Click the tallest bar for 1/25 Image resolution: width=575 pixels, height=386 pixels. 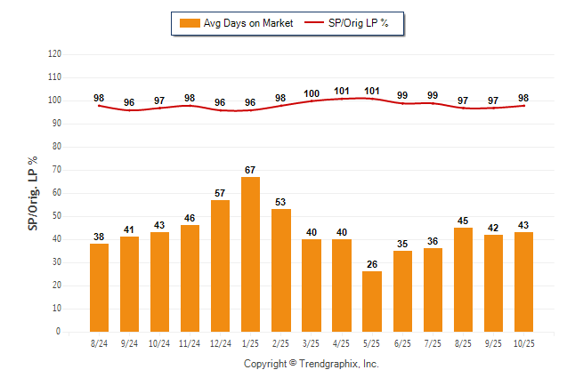click(251, 254)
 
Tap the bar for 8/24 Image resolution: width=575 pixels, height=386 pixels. click(100, 287)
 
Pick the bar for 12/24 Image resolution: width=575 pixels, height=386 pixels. click(221, 266)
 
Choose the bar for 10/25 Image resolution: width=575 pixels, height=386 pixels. click(523, 282)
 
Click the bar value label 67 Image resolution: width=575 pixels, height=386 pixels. click(251, 170)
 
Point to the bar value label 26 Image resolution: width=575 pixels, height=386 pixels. click(372, 264)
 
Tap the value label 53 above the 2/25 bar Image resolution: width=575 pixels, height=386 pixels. click(281, 202)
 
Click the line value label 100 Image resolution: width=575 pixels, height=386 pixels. click(312, 93)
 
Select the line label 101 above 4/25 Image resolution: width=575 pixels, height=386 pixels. click(342, 91)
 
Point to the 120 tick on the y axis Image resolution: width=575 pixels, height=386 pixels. click(54, 54)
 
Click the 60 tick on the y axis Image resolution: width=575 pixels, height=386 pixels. click(57, 193)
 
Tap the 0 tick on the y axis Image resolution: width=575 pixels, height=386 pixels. click(59, 332)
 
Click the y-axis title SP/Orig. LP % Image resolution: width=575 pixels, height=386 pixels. click(33, 192)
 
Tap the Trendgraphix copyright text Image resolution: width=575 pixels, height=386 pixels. click(312, 364)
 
